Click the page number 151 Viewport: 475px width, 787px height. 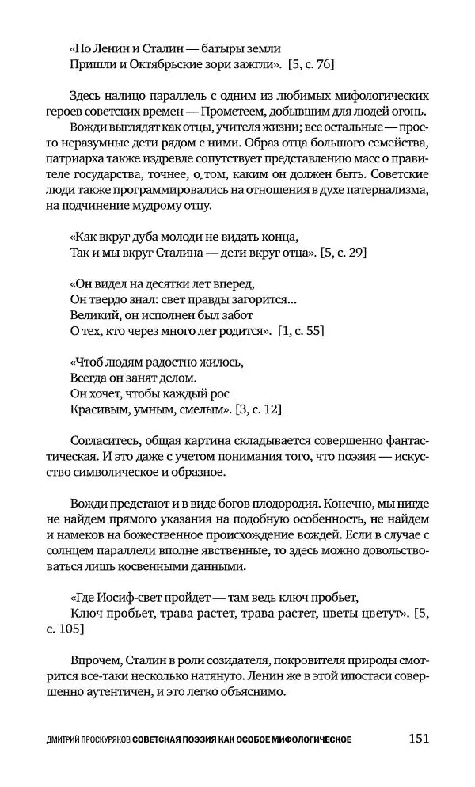(419, 739)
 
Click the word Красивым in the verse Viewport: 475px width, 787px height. (92, 409)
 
